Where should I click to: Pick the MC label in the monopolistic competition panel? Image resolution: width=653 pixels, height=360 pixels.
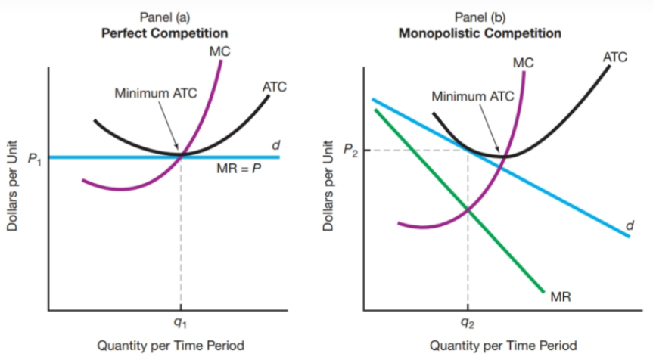click(x=523, y=64)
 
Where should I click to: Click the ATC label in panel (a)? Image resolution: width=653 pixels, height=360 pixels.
click(x=273, y=86)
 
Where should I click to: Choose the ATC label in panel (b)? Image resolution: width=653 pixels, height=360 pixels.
click(x=614, y=57)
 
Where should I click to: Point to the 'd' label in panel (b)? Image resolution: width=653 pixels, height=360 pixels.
click(x=630, y=225)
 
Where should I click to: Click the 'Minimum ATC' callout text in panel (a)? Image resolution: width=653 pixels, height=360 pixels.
click(x=155, y=94)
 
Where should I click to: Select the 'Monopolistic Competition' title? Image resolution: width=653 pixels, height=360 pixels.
click(x=480, y=33)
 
